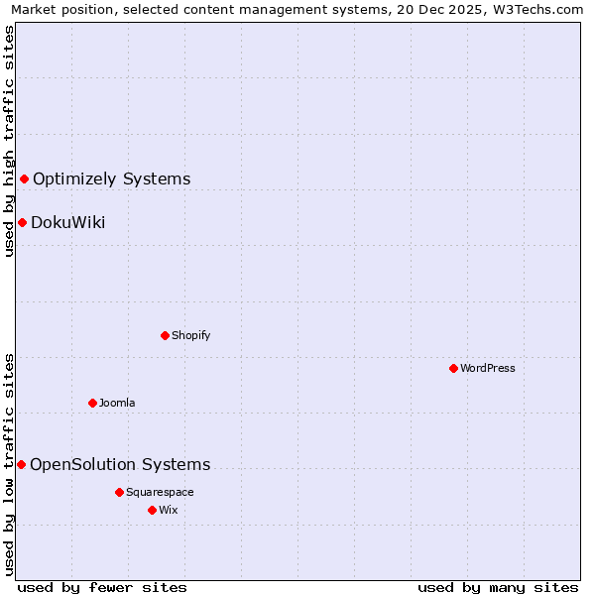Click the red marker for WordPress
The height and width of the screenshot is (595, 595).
(x=453, y=368)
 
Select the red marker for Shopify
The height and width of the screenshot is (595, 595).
(x=165, y=335)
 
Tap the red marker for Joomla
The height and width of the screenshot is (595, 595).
(x=92, y=403)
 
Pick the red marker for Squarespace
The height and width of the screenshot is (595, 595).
(x=119, y=492)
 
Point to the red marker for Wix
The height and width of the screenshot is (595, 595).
(x=152, y=510)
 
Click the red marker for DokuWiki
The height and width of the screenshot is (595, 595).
(x=22, y=222)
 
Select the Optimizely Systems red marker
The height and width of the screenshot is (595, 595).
(x=24, y=178)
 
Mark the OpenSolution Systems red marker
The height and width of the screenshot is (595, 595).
(x=21, y=464)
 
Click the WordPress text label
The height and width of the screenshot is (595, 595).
(x=488, y=368)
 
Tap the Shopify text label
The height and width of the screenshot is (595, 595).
(x=191, y=335)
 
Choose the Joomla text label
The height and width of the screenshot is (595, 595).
(x=117, y=403)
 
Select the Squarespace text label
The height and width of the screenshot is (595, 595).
(x=160, y=492)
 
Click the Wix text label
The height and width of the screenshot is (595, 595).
(x=168, y=510)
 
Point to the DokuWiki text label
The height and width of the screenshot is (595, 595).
(x=68, y=222)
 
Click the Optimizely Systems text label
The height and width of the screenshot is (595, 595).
(x=112, y=178)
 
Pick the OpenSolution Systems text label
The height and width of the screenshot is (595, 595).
(x=120, y=464)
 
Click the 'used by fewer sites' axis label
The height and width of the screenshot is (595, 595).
(x=102, y=587)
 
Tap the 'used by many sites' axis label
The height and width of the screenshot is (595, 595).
(x=498, y=587)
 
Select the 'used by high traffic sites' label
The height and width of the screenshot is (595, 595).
(x=9, y=141)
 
